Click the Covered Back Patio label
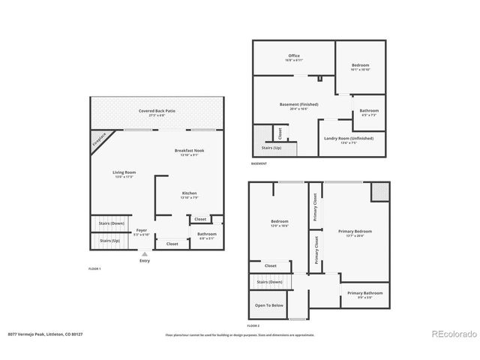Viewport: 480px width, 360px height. click(157, 111)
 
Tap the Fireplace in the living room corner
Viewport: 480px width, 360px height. click(98, 140)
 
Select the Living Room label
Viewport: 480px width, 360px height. click(123, 173)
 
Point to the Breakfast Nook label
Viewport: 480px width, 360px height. click(189, 151)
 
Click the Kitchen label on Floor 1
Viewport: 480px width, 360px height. click(189, 193)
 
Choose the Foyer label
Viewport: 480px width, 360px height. click(141, 231)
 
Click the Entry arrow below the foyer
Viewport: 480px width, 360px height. click(144, 254)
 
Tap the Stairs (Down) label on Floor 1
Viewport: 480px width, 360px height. click(110, 223)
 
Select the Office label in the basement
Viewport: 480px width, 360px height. click(294, 56)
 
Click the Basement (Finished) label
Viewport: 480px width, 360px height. click(298, 103)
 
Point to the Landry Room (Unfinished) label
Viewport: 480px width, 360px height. click(348, 138)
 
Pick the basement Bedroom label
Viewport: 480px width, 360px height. click(360, 65)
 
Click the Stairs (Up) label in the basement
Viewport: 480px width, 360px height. click(272, 148)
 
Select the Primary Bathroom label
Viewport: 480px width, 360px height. click(364, 292)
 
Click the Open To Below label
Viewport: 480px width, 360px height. click(268, 305)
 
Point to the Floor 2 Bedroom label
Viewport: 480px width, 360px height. click(279, 220)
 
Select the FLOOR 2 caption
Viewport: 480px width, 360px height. click(253, 326)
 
